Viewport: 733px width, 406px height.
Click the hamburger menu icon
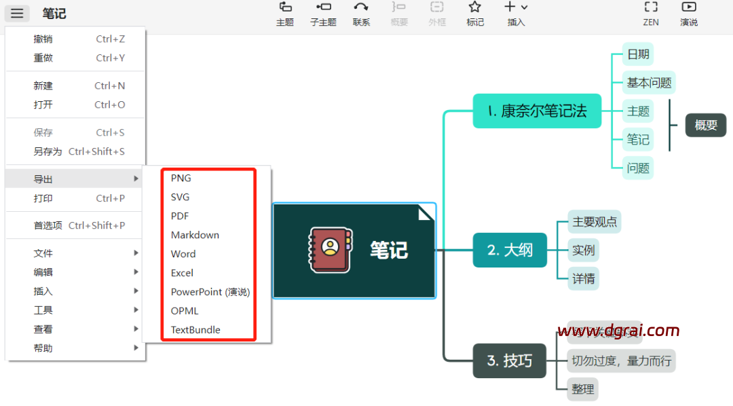(17, 14)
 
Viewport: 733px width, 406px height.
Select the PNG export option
(181, 178)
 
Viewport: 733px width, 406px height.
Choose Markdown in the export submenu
(195, 235)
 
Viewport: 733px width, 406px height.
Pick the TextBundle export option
(195, 330)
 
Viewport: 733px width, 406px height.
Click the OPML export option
(185, 311)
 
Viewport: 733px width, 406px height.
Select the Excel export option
(182, 273)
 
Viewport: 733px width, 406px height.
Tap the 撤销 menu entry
(43, 39)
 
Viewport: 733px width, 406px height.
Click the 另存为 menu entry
(48, 151)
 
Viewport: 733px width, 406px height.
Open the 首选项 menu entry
(48, 225)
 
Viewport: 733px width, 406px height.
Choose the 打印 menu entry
(43, 198)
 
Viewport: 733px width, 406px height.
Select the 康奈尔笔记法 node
(537, 111)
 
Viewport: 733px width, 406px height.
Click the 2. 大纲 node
(510, 250)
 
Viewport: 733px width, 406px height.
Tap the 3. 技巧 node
(510, 361)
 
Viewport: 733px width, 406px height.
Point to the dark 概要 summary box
(706, 125)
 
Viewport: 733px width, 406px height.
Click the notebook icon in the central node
(331, 250)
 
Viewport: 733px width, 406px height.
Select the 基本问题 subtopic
(649, 83)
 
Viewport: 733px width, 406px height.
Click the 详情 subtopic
(584, 278)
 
